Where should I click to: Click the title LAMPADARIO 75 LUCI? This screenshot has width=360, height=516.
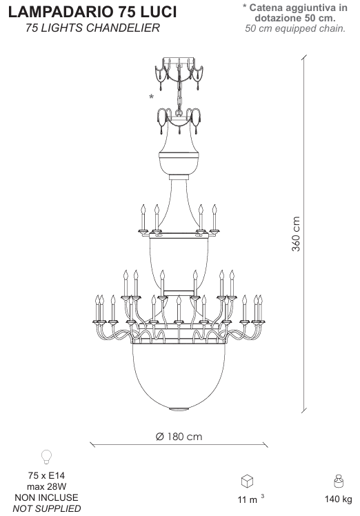[x=92, y=12]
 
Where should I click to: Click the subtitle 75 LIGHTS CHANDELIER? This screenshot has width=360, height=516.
[x=92, y=28]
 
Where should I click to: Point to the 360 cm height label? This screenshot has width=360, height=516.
[x=296, y=234]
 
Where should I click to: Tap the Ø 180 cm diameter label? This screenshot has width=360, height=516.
[x=179, y=437]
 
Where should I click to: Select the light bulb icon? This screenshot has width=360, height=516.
[x=46, y=457]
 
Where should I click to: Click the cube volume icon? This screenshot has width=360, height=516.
[x=247, y=481]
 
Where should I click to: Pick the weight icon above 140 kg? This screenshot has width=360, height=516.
[x=339, y=481]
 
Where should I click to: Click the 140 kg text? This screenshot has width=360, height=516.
[x=339, y=499]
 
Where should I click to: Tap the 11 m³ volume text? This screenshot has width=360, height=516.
[x=251, y=499]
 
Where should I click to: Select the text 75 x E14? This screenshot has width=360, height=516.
[x=46, y=475]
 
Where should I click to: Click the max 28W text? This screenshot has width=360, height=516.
[x=46, y=486]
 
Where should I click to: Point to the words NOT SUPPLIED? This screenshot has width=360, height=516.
[x=47, y=508]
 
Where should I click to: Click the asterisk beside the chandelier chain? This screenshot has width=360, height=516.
[x=151, y=97]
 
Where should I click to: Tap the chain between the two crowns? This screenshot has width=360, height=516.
[x=179, y=97]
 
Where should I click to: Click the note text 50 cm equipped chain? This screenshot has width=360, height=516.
[x=295, y=28]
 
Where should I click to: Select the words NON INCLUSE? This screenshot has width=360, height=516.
[x=46, y=497]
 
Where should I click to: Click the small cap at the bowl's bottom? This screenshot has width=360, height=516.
[x=179, y=408]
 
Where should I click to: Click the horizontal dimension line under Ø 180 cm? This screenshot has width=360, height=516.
[x=179, y=444]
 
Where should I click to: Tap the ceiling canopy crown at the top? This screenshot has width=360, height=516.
[x=179, y=72]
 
